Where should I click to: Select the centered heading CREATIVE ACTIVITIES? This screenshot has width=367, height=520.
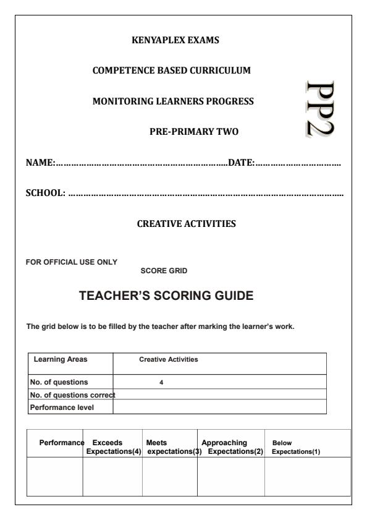(186, 224)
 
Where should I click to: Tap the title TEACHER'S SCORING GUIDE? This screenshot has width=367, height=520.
(166, 296)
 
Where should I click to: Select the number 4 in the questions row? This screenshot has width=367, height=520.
(161, 382)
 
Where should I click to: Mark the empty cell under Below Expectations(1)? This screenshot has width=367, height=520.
(307, 477)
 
